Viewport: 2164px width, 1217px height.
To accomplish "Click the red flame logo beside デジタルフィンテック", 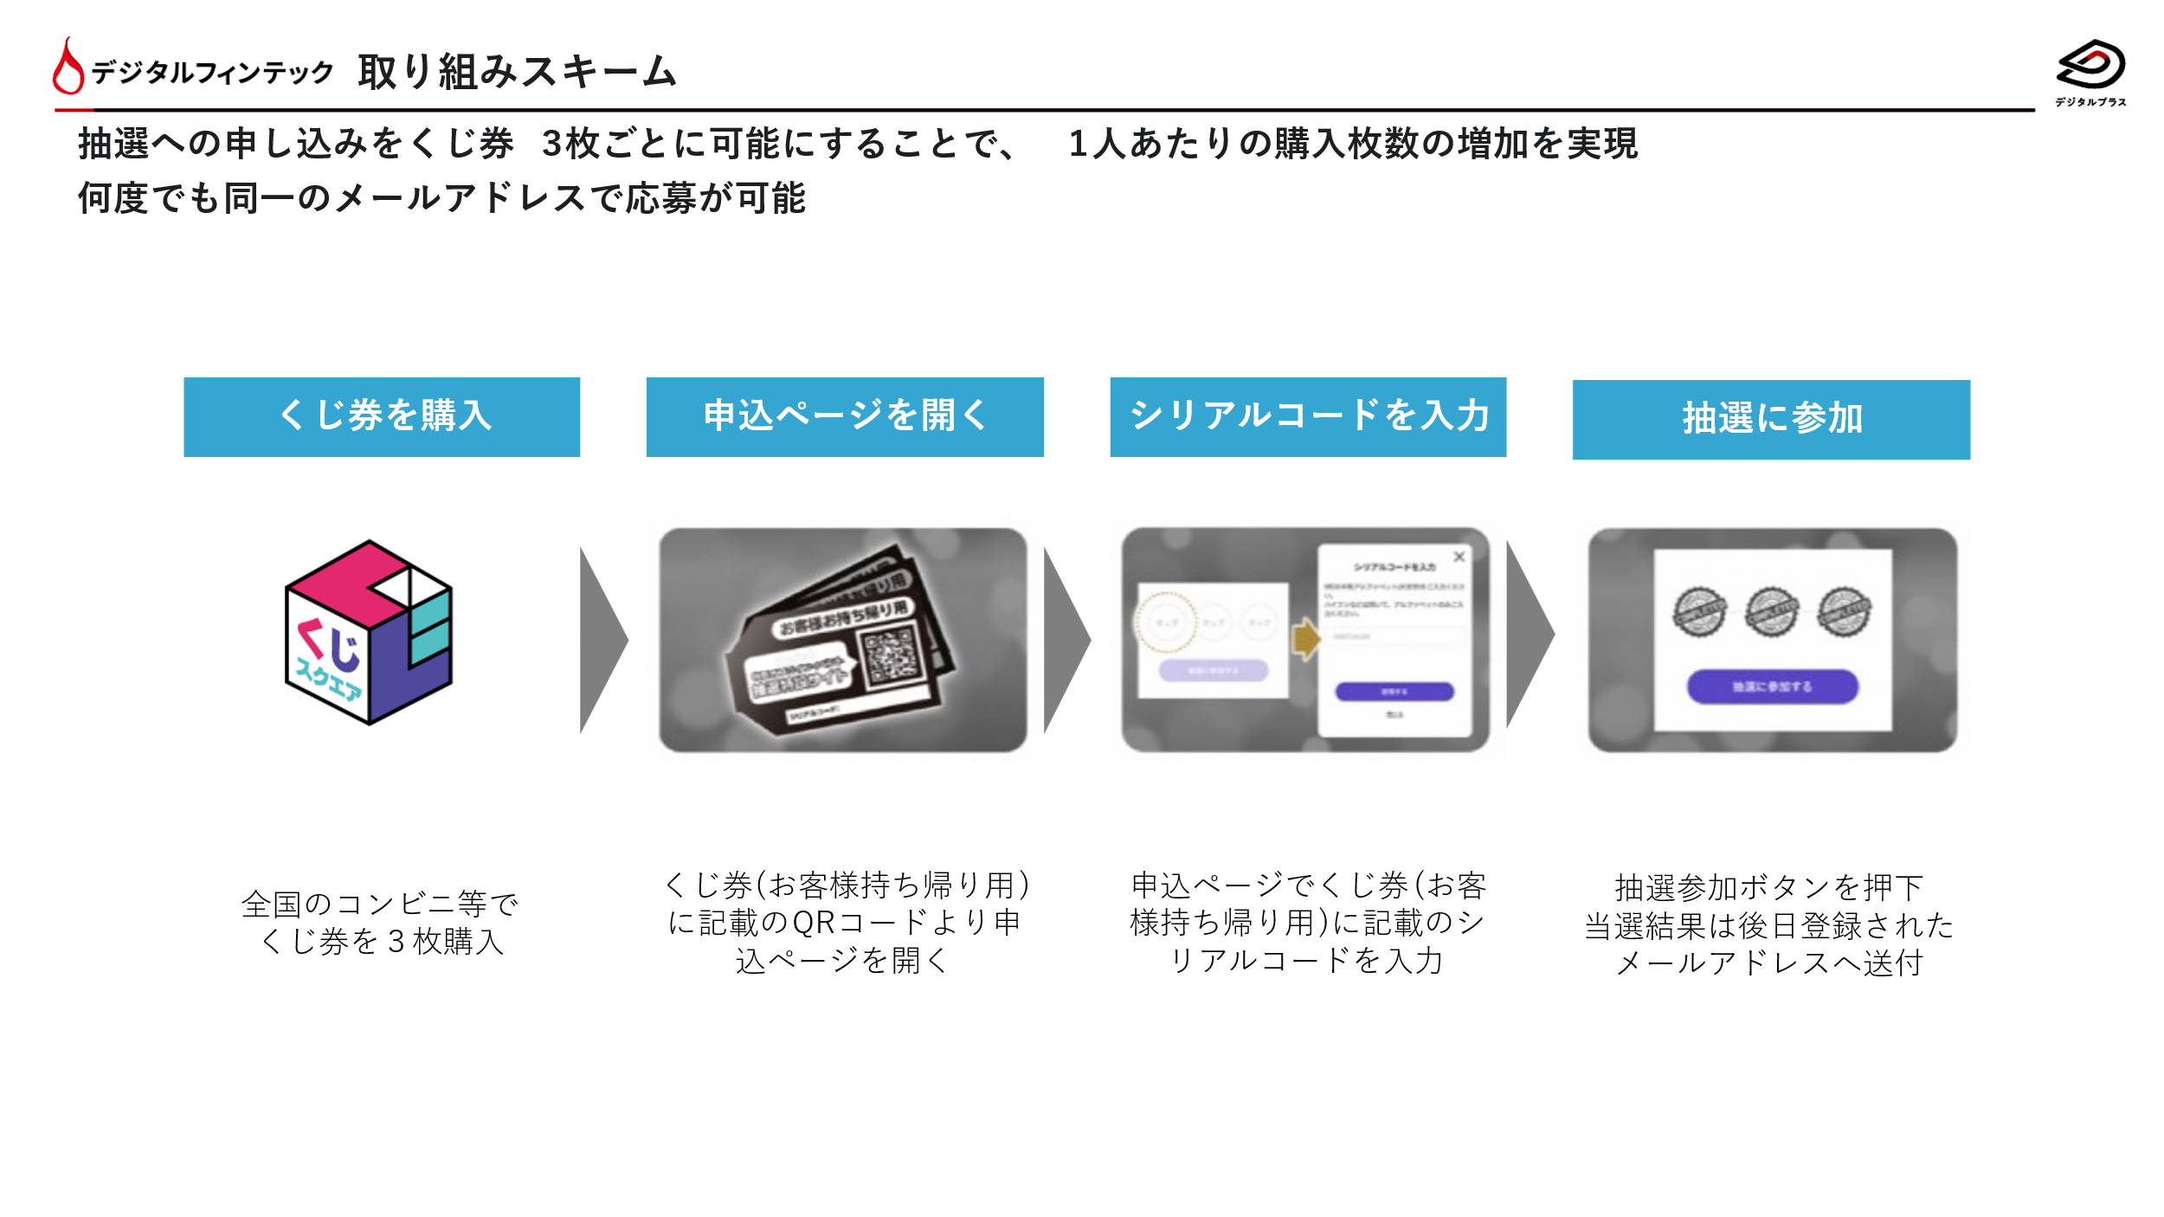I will click(x=68, y=67).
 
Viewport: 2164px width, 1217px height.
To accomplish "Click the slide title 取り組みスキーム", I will click(x=517, y=71).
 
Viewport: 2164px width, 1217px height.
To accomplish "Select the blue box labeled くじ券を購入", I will click(x=382, y=416).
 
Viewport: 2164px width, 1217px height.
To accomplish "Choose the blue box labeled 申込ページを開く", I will click(x=845, y=416).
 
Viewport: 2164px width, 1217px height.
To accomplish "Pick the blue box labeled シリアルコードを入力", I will click(x=1308, y=416).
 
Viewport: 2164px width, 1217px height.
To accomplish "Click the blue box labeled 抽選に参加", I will click(x=1771, y=419).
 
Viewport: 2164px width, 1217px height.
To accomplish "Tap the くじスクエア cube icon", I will click(x=369, y=633).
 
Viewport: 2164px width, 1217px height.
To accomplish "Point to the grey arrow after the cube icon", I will click(x=602, y=641).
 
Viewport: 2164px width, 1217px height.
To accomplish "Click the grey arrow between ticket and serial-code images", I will click(x=1066, y=641).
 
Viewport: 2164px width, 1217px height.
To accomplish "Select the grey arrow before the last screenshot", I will click(x=1529, y=635).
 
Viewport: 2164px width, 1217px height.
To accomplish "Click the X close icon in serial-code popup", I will click(x=1459, y=557).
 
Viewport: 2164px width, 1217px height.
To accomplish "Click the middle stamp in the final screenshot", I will click(x=1771, y=612).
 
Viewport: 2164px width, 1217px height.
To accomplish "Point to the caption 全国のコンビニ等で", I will click(x=379, y=904).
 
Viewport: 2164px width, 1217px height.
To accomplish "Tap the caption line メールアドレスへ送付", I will click(x=1769, y=963).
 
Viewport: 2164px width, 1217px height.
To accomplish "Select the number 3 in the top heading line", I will click(x=552, y=144).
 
